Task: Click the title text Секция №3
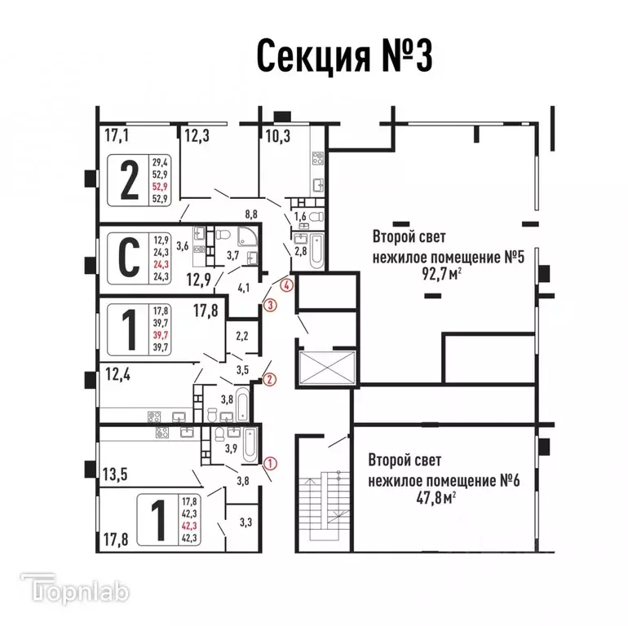click(343, 56)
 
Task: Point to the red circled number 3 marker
click(271, 306)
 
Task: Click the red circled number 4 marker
click(285, 285)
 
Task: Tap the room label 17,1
click(116, 136)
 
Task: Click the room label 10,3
click(277, 136)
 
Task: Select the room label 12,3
click(197, 136)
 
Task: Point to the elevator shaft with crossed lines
click(327, 368)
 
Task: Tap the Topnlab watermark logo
click(73, 589)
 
